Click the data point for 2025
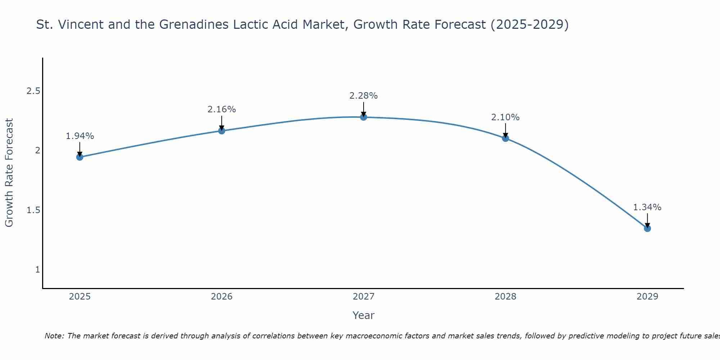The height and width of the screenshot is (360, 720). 80,157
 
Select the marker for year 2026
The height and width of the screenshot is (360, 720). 222,131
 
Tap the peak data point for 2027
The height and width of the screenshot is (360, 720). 364,117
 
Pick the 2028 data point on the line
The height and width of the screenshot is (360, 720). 505,138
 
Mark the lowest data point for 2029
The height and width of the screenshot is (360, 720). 647,228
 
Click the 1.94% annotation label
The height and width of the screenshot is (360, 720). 80,136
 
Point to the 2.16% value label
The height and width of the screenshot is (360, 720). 222,109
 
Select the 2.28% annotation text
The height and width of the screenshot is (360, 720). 364,96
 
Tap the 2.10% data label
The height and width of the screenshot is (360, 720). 505,117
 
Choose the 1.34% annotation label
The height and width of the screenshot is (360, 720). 647,207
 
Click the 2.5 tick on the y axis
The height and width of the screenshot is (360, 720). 33,91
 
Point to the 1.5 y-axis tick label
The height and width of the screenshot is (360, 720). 33,210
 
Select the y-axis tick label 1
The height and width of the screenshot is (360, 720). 37,270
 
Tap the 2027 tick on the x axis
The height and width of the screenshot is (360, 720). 364,297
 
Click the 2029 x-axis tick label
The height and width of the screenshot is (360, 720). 647,297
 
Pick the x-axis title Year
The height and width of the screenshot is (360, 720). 364,315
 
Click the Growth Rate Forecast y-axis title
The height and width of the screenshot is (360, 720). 9,173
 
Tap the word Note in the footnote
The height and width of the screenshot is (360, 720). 54,336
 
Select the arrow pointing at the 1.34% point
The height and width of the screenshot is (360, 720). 647,220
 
